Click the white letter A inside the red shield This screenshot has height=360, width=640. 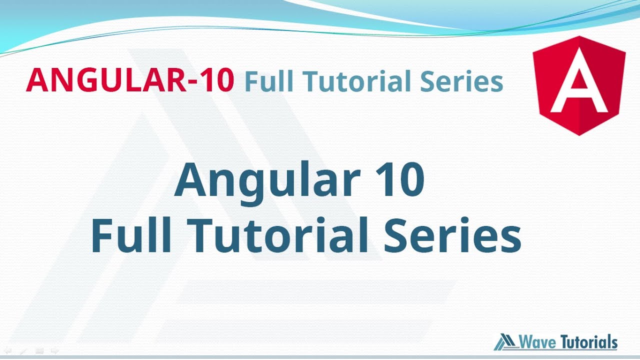(578, 90)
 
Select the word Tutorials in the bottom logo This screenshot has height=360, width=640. (589, 342)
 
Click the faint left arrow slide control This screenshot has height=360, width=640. (7, 351)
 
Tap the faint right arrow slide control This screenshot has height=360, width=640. (55, 351)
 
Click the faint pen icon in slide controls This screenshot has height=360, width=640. (23, 351)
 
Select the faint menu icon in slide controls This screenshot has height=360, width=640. (39, 351)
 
